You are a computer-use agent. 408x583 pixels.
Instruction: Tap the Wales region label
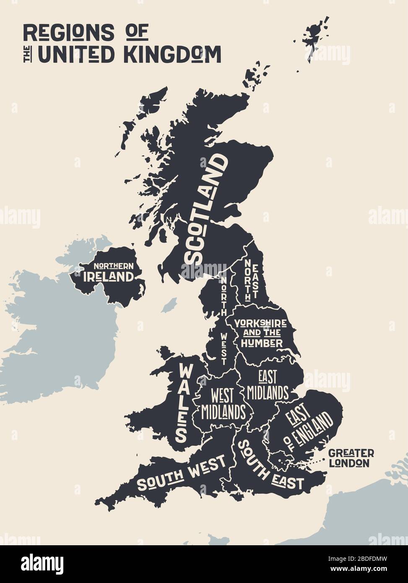click(183, 402)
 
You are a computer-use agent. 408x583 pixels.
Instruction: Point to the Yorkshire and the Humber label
click(260, 333)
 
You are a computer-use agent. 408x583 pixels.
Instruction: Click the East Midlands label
click(268, 385)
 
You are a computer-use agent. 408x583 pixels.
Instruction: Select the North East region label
click(251, 279)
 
